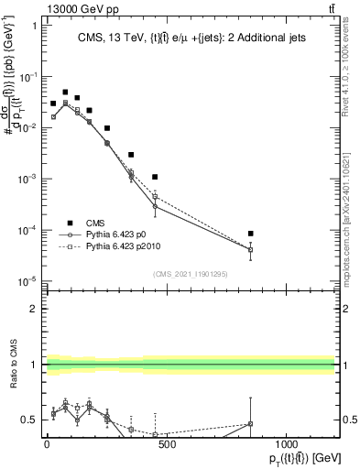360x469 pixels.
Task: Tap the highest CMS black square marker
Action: (65, 92)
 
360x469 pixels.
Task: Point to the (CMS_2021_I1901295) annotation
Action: (189, 274)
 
